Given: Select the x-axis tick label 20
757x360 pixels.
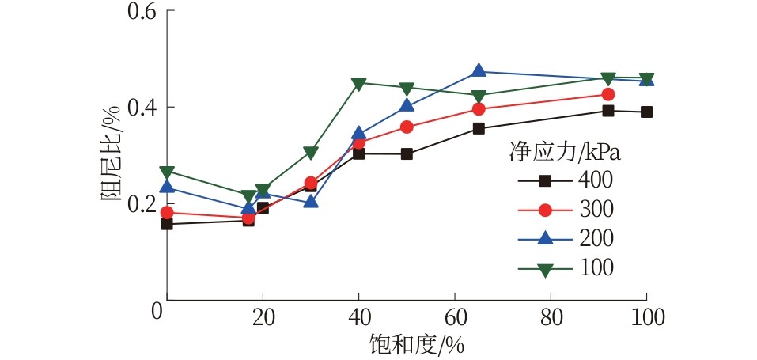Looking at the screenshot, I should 263,317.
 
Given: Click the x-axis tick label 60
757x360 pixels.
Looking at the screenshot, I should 455,317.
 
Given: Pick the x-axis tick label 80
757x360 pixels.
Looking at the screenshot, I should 551,317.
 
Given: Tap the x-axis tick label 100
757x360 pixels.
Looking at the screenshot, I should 646,317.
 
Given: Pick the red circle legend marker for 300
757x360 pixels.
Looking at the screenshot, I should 545,210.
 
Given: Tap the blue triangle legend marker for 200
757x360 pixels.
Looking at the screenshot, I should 545,238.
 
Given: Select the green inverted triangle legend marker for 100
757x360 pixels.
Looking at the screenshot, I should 545,269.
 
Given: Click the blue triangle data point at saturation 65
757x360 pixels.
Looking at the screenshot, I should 479,71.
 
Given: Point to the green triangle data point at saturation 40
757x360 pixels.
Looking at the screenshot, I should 358,83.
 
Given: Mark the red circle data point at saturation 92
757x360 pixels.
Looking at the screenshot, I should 607,94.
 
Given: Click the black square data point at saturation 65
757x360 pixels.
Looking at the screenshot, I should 479,128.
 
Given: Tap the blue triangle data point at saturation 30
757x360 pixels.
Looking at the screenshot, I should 311,201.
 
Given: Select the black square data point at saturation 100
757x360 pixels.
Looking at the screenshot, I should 646,112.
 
